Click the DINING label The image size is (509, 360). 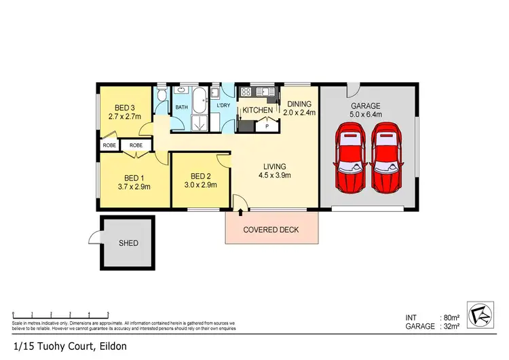coord(299,104)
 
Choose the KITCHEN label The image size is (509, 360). coord(258,110)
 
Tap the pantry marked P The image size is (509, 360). coord(267,126)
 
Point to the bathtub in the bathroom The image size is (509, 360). coord(200,103)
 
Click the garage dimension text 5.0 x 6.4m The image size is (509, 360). coord(365,115)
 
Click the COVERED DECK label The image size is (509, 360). coord(271,230)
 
